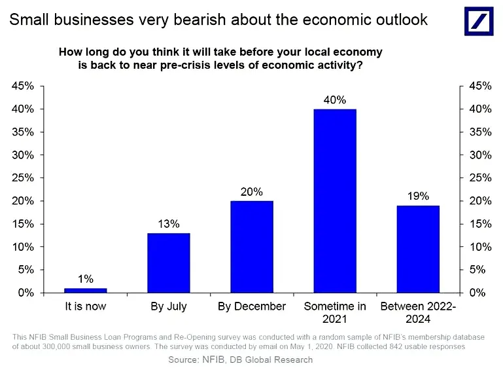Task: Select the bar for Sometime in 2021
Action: click(x=335, y=200)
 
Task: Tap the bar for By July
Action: click(x=169, y=262)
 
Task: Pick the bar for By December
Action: click(x=252, y=246)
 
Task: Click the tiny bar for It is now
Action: click(x=86, y=290)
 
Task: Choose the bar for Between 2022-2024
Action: click(x=418, y=249)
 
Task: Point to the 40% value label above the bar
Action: click(x=335, y=100)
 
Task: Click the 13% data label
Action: click(x=169, y=224)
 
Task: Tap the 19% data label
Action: click(x=418, y=196)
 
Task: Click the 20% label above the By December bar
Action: click(x=252, y=192)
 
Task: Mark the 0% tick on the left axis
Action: click(x=27, y=293)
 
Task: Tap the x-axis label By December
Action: click(x=252, y=306)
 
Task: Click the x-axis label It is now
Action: click(x=86, y=306)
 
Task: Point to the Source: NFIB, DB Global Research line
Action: click(x=240, y=359)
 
